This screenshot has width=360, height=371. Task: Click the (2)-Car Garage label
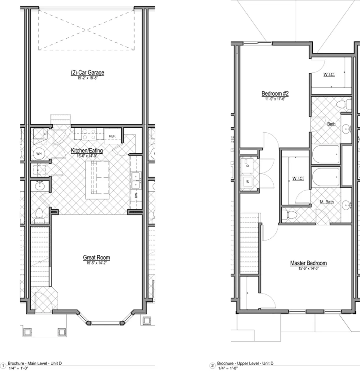[87, 73]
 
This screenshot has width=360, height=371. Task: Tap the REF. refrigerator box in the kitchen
[112, 136]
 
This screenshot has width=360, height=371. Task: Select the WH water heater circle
[39, 153]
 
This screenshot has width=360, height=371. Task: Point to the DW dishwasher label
[136, 195]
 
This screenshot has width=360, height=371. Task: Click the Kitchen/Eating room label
[87, 151]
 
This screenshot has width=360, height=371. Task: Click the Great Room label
[96, 257]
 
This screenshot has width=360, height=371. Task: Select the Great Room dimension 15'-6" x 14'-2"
[96, 263]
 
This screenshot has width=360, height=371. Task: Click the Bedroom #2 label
[275, 93]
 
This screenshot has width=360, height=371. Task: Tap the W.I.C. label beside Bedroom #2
[329, 75]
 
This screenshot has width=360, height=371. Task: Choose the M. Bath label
[327, 202]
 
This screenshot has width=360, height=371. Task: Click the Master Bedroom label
[308, 263]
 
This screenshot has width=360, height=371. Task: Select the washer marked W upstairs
[247, 181]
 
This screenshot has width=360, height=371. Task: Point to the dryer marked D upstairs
[247, 165]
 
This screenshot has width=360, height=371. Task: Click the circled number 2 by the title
[212, 366]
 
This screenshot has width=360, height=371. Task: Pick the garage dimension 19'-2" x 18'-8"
[87, 78]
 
